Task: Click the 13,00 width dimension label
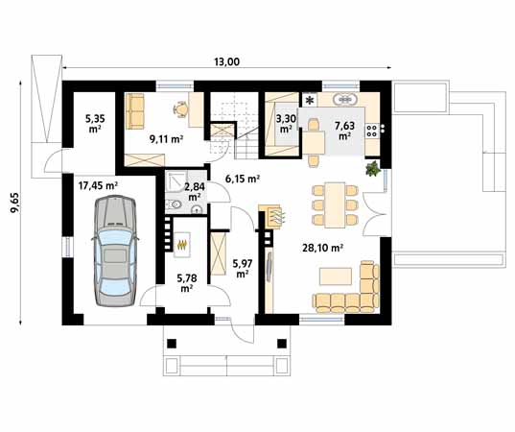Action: tap(227, 61)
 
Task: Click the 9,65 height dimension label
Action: tap(14, 203)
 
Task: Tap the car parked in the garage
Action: tap(115, 252)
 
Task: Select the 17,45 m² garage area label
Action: tap(98, 185)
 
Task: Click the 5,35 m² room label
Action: tap(95, 123)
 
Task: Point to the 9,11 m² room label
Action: tap(166, 139)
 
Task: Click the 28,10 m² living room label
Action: tap(323, 248)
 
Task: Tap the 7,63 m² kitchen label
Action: tap(344, 131)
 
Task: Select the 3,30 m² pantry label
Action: tap(286, 123)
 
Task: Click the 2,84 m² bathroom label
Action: tap(195, 192)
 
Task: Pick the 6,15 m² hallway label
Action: tap(243, 179)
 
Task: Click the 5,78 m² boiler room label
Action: tap(187, 283)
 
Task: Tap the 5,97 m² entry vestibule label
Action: tap(243, 268)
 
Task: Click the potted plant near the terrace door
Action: tap(373, 169)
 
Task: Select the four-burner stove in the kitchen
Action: tap(372, 130)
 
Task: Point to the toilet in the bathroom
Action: tap(174, 205)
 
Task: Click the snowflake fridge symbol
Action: tap(310, 100)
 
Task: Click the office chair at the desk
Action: tap(180, 108)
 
